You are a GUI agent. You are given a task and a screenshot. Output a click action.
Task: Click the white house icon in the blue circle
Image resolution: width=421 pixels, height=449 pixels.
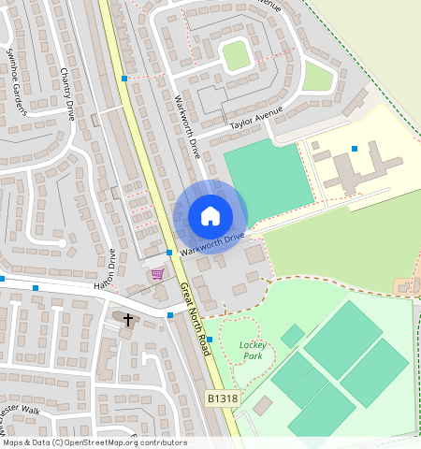click(210, 216)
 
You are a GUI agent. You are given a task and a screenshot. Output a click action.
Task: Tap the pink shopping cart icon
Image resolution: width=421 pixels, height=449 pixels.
click(157, 274)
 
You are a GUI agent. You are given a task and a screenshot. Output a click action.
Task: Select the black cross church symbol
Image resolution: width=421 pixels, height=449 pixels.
click(128, 320)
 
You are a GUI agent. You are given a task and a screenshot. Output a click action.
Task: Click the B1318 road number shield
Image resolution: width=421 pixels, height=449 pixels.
click(222, 398)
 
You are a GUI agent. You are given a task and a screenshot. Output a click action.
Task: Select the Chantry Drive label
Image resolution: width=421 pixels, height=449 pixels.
click(66, 94)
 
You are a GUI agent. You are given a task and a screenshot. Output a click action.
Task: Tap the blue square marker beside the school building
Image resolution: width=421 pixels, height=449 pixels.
click(354, 149)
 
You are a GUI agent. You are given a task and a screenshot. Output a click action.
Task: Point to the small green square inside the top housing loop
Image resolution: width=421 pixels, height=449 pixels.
click(236, 55)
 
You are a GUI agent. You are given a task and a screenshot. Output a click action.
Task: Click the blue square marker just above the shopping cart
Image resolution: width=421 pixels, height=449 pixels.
click(168, 253)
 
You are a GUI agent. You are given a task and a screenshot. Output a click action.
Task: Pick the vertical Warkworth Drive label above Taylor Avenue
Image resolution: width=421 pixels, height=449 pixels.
click(188, 125)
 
